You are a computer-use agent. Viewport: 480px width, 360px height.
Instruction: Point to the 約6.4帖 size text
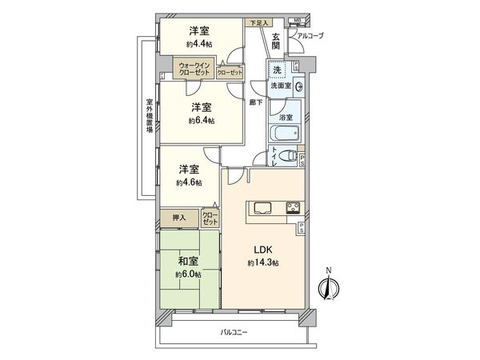click(x=201, y=120)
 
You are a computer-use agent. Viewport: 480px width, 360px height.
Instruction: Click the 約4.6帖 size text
click(x=190, y=182)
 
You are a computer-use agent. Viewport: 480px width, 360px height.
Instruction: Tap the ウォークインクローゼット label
click(x=195, y=69)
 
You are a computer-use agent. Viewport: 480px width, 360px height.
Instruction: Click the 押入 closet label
click(x=179, y=217)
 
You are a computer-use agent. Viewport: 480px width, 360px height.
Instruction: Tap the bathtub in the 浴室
click(x=286, y=132)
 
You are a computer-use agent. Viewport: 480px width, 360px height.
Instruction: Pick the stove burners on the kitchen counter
click(x=292, y=209)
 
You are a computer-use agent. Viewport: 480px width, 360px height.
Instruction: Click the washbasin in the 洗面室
click(x=298, y=86)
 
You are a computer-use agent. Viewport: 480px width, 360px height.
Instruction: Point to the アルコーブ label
click(x=310, y=36)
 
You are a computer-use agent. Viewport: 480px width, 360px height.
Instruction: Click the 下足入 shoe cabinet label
click(x=258, y=22)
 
